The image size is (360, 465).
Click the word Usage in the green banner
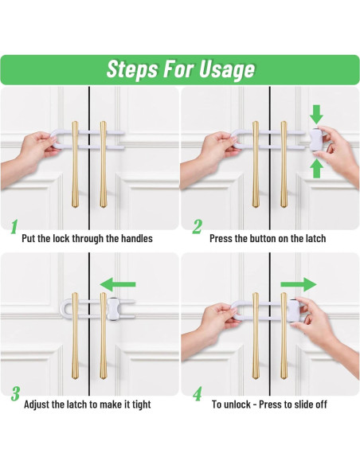click(x=227, y=70)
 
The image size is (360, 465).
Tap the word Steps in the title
click(x=132, y=70)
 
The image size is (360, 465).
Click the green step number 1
click(x=14, y=227)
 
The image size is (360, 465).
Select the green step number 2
click(x=197, y=227)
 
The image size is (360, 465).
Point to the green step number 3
click(x=15, y=393)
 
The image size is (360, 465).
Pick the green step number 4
click(x=198, y=393)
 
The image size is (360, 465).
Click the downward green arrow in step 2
click(x=316, y=115)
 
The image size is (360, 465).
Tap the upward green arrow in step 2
click(x=316, y=169)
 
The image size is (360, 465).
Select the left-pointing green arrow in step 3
click(x=118, y=284)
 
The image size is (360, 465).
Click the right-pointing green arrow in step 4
click(x=299, y=285)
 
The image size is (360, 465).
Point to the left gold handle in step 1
click(x=75, y=164)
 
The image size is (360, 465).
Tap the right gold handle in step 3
click(x=103, y=336)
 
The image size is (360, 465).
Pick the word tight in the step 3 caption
click(x=141, y=404)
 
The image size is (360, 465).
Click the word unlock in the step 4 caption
click(x=238, y=404)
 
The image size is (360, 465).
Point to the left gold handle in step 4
click(x=256, y=336)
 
